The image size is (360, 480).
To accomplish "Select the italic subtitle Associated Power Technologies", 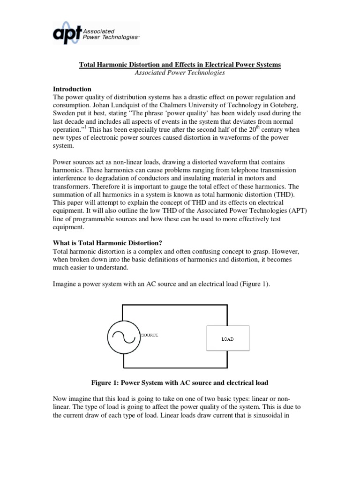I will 180,73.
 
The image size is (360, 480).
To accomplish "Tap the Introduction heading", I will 72,89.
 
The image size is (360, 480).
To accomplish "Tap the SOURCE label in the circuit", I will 150,335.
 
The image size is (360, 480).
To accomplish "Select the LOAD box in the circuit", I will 227,338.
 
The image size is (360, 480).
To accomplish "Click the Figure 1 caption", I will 180,383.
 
